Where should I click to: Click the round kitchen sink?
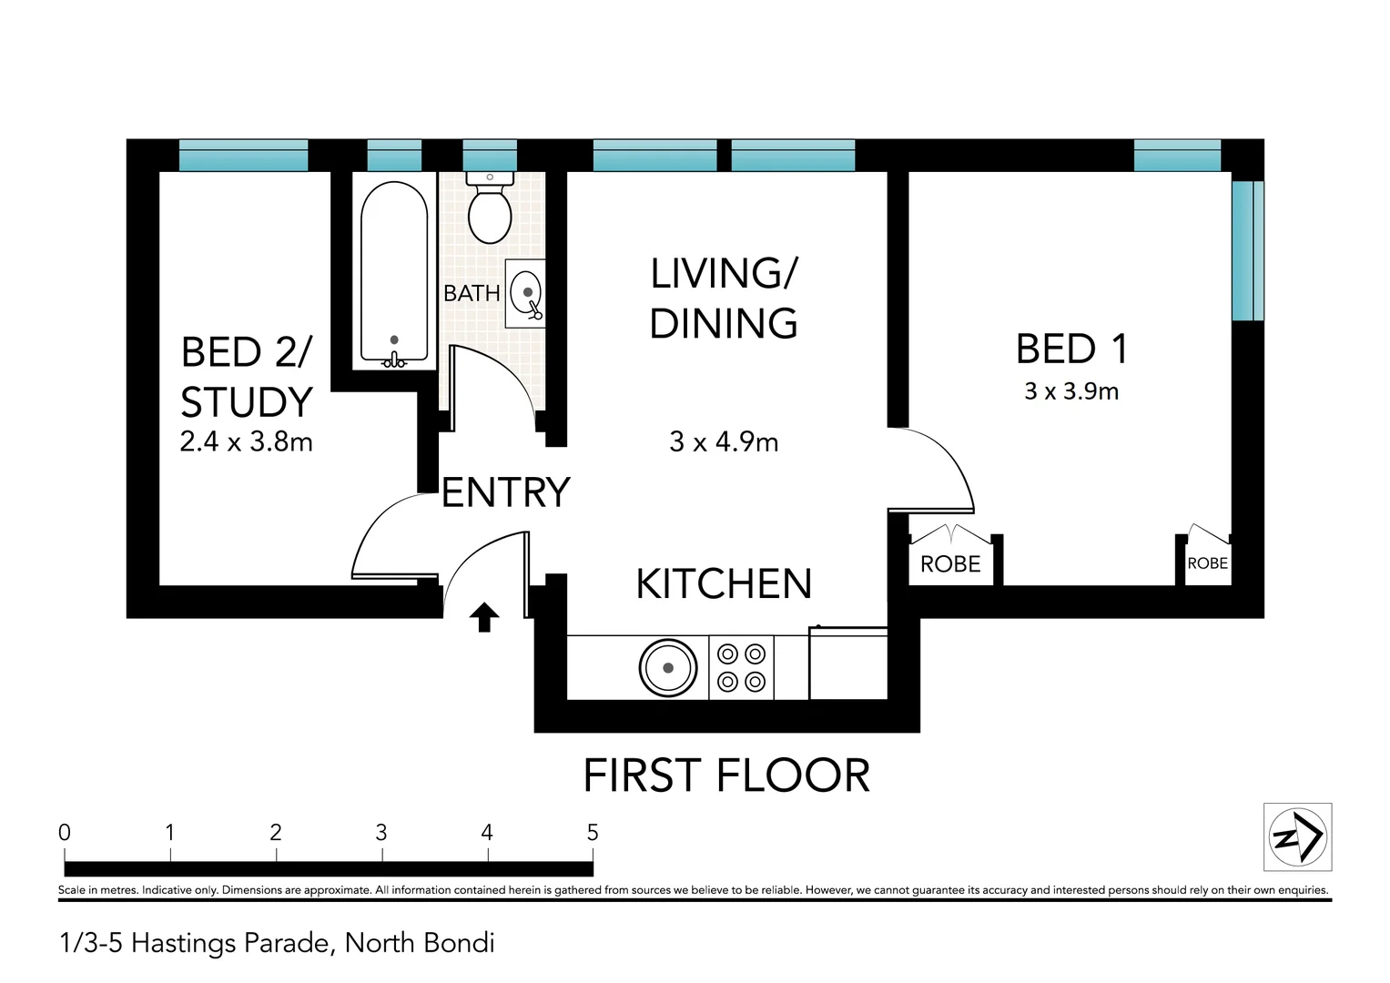point(668,668)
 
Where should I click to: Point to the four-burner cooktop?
point(741,668)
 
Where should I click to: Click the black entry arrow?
point(483,617)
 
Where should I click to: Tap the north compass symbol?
point(1297,836)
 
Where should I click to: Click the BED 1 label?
point(1071,350)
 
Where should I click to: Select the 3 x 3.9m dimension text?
point(1071,391)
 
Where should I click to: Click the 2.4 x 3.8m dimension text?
point(246,442)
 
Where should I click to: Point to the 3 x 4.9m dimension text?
point(724,442)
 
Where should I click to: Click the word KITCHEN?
point(724,584)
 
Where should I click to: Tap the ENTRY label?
point(505,493)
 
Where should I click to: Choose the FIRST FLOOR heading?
point(725,776)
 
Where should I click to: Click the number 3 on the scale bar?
point(381,833)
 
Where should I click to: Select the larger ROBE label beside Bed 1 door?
point(950,564)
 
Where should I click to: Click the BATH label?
point(472,293)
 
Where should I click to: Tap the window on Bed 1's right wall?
point(1246,250)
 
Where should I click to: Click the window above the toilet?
point(490,156)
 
